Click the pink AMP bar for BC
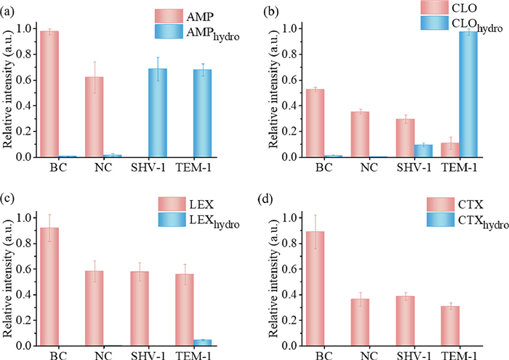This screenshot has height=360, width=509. coord(49,94)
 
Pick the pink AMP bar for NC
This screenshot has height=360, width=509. coord(94,116)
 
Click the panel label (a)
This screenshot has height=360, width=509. coord(10,8)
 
